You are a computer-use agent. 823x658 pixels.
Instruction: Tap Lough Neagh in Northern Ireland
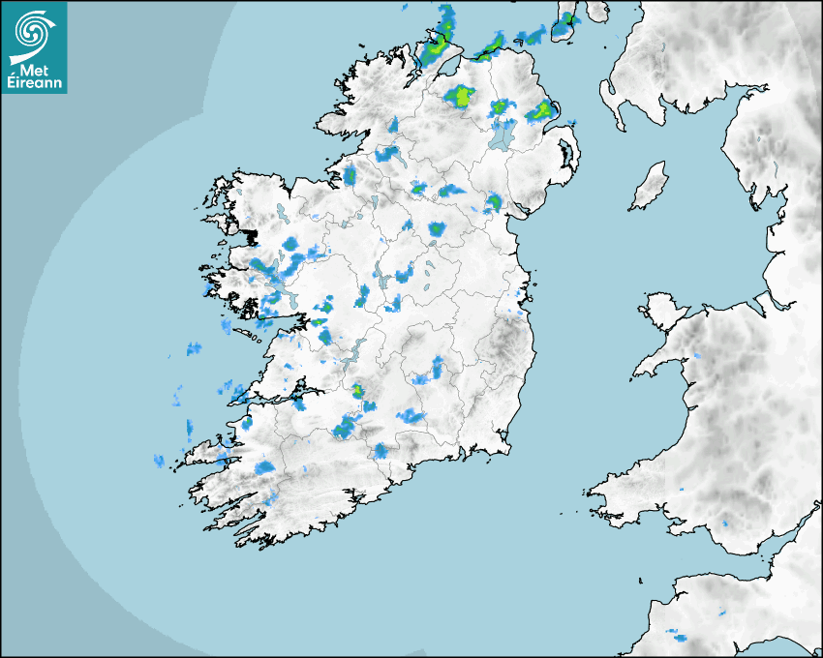502,135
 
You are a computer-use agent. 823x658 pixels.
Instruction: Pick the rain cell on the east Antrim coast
539,111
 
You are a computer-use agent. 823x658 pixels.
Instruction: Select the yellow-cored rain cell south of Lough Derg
359,391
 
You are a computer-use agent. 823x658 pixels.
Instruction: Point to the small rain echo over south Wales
724,523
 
